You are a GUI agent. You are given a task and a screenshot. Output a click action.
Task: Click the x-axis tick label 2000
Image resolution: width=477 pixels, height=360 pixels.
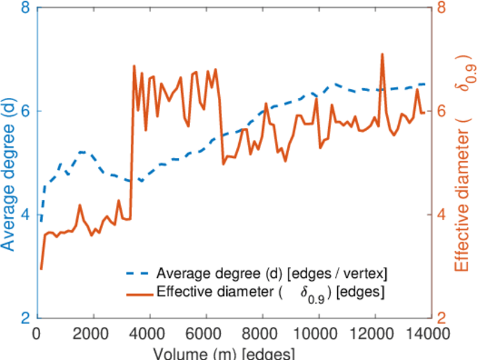[93, 333]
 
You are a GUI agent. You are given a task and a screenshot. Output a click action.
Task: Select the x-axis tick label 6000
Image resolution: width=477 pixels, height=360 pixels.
[206, 333]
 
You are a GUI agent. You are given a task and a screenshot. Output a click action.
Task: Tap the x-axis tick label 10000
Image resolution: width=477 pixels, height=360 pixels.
[319, 333]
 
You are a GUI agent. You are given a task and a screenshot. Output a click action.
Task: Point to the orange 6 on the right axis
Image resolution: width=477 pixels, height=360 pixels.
[440, 112]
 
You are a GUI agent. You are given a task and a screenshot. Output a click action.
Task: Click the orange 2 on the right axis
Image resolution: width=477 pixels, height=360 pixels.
[440, 317]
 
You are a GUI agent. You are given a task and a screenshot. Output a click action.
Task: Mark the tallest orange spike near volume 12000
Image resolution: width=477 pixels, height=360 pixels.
[382, 54]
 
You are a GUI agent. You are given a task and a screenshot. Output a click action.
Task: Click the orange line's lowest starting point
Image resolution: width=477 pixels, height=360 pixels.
[41, 269]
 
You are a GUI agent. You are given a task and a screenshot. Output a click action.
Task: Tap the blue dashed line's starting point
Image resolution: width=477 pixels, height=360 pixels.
[41, 221]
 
